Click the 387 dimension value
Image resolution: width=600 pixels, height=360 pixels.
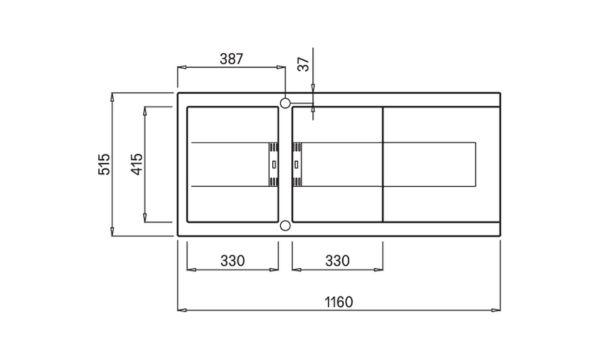tap(231, 59)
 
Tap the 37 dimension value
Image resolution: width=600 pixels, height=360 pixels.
tap(303, 64)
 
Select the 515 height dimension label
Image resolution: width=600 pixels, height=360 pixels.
tap(104, 164)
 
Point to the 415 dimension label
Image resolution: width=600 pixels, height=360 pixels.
tap(137, 164)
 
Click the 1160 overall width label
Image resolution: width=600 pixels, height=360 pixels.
tap(339, 302)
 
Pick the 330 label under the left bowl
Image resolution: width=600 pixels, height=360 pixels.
tap(232, 261)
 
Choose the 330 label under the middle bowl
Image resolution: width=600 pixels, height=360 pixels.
tap(338, 261)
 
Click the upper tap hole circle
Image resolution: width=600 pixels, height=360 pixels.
tap(285, 103)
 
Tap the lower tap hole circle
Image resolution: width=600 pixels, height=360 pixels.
tap(285, 226)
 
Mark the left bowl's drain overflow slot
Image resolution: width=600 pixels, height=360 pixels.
tap(274, 165)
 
